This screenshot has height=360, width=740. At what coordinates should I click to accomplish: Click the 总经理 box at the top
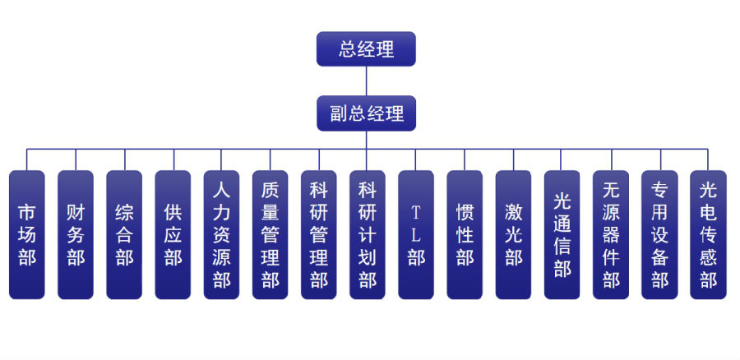(x=366, y=48)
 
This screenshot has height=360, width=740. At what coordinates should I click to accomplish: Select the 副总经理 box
(x=366, y=113)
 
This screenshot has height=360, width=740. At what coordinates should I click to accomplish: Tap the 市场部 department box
(x=27, y=235)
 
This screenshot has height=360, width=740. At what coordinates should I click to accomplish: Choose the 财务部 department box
(x=76, y=235)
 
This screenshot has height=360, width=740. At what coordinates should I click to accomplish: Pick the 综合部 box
(x=124, y=235)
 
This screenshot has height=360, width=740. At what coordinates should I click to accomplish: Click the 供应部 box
(x=173, y=235)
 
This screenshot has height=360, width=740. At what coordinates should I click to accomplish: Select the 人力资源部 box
(x=221, y=235)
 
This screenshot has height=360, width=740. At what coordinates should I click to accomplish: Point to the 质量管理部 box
(x=270, y=235)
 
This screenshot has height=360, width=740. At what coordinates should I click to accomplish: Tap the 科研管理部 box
(x=318, y=235)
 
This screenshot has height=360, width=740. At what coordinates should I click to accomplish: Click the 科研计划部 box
(x=367, y=235)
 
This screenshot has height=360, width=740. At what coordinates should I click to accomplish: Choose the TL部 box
(x=416, y=235)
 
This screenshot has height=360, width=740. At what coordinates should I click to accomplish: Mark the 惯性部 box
(x=465, y=235)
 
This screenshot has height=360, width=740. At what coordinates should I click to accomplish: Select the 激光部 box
(x=513, y=235)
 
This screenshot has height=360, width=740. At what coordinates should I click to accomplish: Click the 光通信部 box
(x=562, y=235)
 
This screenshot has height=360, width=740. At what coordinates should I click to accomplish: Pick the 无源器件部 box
(x=610, y=235)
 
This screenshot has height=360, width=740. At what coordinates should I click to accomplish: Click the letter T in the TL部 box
(x=416, y=212)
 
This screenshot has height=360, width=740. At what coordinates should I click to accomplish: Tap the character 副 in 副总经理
(x=339, y=114)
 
